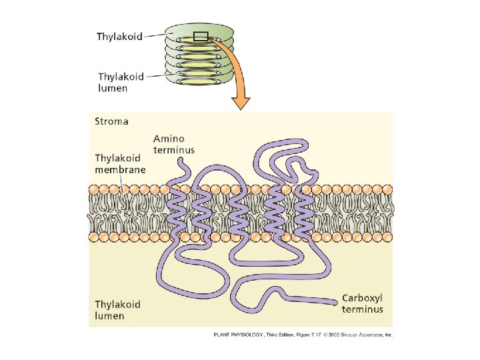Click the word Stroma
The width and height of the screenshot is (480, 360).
point(111,122)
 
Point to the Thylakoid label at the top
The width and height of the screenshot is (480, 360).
point(120,37)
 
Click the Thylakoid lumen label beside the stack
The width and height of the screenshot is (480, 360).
point(121,83)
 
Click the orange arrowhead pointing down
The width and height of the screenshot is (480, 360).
point(241,102)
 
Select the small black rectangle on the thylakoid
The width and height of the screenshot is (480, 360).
point(201,37)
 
